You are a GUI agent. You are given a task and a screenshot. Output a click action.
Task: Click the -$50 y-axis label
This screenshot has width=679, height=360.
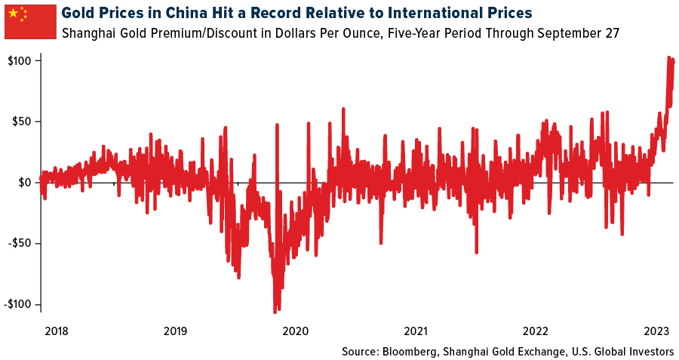click(x=17, y=244)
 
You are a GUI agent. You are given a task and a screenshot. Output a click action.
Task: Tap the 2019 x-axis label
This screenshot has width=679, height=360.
click(x=174, y=331)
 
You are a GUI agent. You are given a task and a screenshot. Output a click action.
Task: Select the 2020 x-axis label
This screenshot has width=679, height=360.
click(x=295, y=331)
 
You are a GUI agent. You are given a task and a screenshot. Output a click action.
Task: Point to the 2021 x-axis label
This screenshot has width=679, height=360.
click(x=416, y=331)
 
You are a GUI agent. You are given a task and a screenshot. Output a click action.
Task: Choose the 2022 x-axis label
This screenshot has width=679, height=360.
click(x=536, y=331)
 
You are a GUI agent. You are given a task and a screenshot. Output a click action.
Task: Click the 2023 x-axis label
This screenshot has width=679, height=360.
click(x=656, y=331)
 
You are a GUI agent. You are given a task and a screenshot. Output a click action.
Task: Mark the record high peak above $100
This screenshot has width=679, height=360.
click(x=668, y=57)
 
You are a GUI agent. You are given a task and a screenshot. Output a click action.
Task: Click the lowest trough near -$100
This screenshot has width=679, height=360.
click(x=275, y=312)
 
